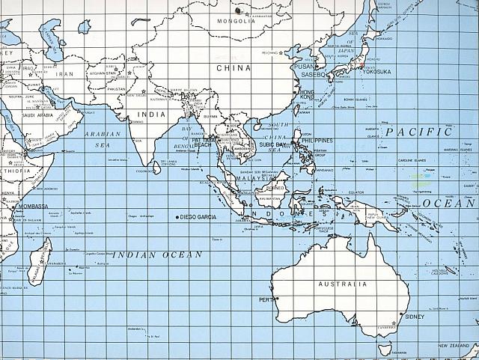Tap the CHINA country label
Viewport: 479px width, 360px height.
point(233,67)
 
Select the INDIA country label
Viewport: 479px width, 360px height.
point(151,115)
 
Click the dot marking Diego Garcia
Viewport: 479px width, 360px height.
point(177,217)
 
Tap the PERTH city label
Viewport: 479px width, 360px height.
point(266,300)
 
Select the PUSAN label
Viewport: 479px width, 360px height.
point(305,66)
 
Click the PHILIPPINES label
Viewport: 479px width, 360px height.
point(317,140)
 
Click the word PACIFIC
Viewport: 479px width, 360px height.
point(419,132)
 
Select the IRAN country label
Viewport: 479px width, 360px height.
point(67,74)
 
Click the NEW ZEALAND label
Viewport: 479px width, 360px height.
point(454,345)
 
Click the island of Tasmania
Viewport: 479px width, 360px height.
point(385,347)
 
